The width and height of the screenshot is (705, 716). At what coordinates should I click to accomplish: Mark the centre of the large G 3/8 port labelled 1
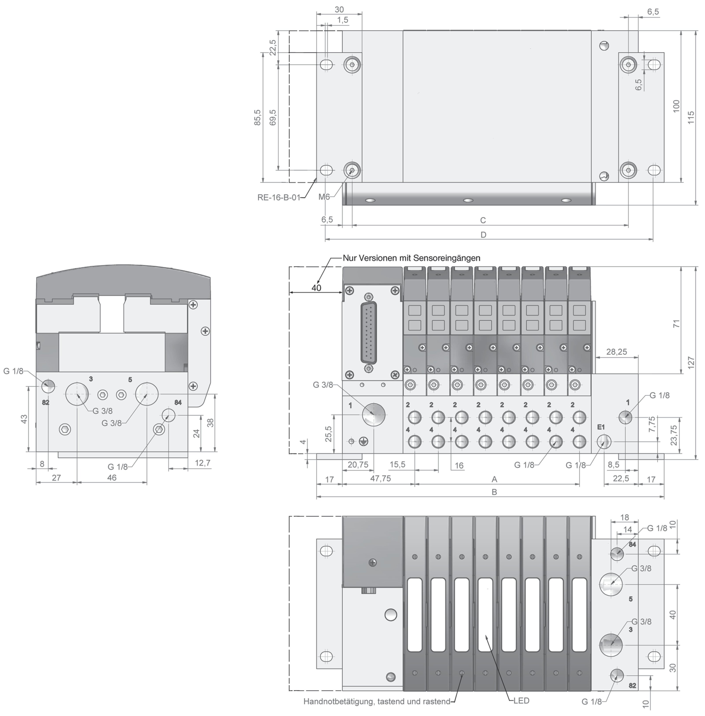[374, 415]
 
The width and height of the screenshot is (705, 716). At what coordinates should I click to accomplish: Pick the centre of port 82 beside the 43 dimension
[48, 386]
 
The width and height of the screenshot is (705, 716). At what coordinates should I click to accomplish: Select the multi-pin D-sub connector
[368, 333]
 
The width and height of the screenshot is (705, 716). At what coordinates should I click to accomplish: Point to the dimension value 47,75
[381, 478]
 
